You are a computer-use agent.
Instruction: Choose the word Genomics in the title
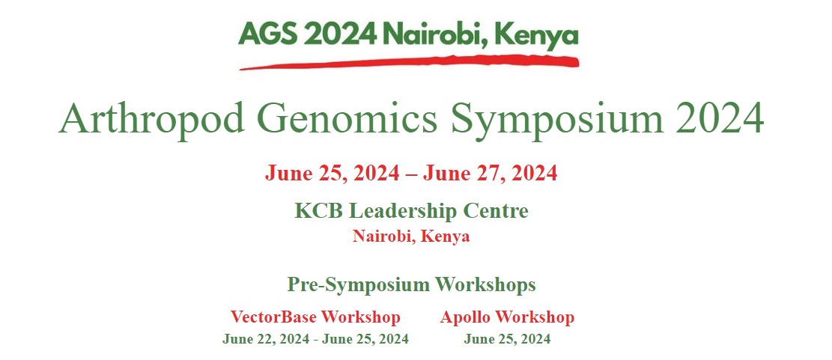348,118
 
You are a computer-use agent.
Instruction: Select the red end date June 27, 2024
490,174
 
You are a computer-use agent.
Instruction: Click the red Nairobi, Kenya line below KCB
411,237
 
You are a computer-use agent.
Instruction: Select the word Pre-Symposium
359,285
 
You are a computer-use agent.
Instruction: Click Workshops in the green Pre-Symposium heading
485,285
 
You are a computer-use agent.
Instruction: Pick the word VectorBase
274,317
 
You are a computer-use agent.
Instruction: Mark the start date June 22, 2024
267,339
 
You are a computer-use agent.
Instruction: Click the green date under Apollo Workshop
507,339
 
